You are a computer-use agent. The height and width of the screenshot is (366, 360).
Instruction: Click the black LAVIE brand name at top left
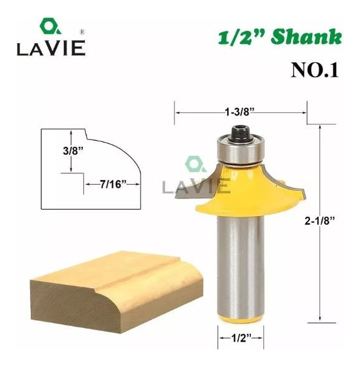[51, 48]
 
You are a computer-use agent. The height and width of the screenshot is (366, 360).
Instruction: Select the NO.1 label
[315, 70]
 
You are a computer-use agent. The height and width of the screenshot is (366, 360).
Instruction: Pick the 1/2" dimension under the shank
[241, 338]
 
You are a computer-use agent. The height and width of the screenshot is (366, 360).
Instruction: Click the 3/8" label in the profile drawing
[73, 151]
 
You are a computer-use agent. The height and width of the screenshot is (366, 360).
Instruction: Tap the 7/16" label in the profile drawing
[113, 185]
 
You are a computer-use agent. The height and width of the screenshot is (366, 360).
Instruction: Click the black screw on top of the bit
[240, 133]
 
